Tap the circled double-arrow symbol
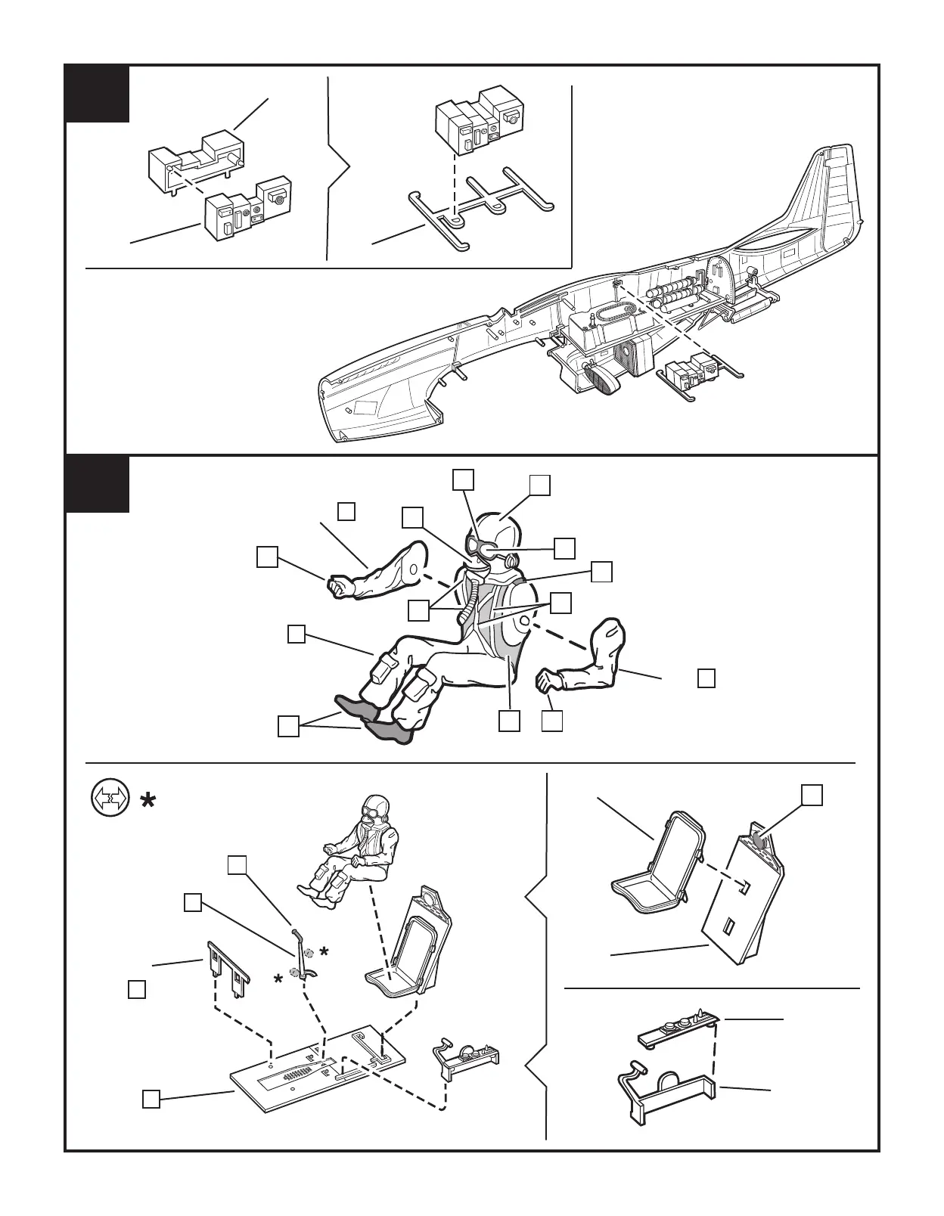coord(106,799)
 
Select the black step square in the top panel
coord(96,94)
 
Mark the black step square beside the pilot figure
coord(96,484)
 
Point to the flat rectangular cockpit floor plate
coord(318,1066)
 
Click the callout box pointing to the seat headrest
coord(812,794)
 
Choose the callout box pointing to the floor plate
coord(151,1099)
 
